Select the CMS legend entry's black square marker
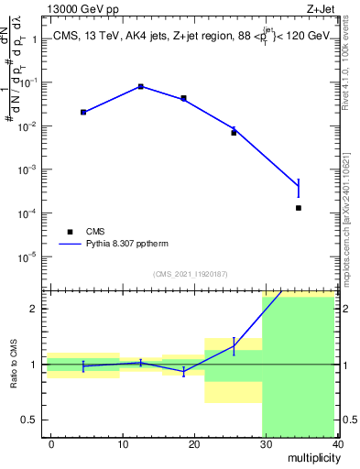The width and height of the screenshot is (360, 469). point(67,232)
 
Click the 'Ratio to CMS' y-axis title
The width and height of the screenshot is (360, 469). point(15,364)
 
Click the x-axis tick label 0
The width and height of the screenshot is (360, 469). point(51,443)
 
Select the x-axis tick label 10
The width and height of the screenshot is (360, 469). point(122,443)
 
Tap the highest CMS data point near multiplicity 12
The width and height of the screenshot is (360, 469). point(140,86)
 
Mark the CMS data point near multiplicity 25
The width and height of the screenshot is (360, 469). point(234,133)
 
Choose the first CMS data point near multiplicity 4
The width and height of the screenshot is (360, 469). point(83,112)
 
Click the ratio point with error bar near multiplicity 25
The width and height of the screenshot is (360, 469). point(234,345)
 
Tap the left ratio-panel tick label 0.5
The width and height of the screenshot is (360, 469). point(34,420)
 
